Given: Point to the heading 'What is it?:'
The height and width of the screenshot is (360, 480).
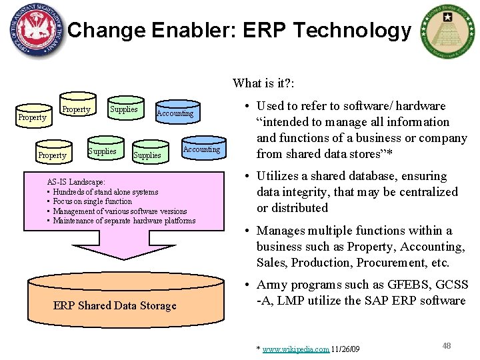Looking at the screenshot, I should coord(264,83).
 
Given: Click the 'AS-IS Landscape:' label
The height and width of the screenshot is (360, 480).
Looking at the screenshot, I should coord(76,182).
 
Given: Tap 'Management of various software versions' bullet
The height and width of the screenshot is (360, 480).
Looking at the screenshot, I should coord(119,211).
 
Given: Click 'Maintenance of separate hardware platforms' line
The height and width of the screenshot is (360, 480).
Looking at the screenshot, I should coord(124,221).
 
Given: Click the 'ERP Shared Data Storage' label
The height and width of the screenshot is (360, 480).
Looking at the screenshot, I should coord(114,306).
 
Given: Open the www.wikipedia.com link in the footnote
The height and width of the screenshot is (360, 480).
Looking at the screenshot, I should coord(296,349).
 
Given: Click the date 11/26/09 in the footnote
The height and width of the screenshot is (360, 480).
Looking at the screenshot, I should coord(345,349).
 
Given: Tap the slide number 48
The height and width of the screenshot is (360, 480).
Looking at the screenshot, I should coord(447,345).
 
